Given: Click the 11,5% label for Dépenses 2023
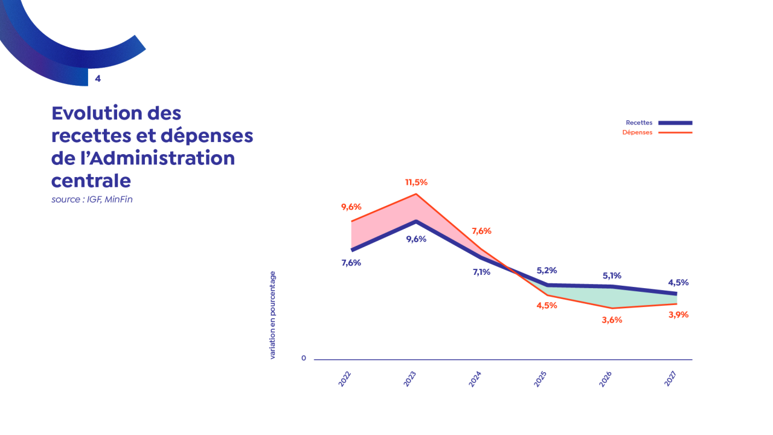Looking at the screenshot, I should click(x=416, y=182).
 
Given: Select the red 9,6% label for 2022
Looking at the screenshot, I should click(x=351, y=207).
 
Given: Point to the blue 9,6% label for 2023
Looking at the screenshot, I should click(x=416, y=239).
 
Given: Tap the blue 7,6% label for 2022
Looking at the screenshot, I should click(x=351, y=263).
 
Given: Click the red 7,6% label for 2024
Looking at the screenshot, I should click(x=481, y=231).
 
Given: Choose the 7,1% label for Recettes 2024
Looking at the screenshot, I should click(x=481, y=272).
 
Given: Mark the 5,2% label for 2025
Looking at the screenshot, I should click(x=547, y=270).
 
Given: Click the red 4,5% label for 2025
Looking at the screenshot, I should click(x=547, y=305).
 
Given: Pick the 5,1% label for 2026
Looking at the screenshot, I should click(x=612, y=275).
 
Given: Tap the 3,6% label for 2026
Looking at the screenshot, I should click(x=612, y=320).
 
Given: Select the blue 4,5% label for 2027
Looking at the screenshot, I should click(x=678, y=282).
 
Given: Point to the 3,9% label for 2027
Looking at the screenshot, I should click(x=678, y=314).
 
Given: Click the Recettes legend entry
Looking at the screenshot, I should click(x=639, y=123).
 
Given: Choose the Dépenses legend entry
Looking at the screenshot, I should click(x=637, y=132).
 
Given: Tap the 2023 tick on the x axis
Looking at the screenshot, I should click(x=410, y=379).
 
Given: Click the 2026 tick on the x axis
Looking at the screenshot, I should click(x=606, y=379).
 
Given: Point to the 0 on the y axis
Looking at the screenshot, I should click(x=304, y=358).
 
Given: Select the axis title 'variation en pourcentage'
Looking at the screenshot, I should click(x=272, y=315).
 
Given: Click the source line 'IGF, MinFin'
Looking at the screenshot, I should click(x=92, y=199).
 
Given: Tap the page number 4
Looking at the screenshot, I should click(x=98, y=79).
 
